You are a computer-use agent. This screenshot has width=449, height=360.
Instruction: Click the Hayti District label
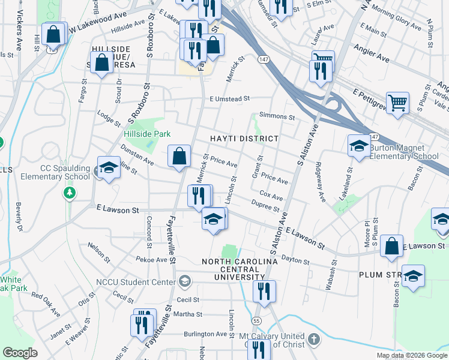[x=244, y=139]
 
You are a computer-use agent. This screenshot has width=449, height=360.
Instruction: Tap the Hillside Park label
[x=147, y=134]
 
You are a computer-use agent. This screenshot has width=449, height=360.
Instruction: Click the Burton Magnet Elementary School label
[x=403, y=152]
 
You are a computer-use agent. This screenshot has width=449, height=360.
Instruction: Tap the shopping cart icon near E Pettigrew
[x=397, y=103]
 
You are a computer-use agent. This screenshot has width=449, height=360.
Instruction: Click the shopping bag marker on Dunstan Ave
[x=179, y=157]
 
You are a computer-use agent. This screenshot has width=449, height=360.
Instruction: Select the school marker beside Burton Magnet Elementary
[x=359, y=146]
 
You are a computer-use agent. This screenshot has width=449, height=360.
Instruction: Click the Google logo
[x=20, y=353]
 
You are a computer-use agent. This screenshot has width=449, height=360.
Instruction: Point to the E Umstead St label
[x=229, y=99]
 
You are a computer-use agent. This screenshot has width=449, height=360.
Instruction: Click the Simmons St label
[x=277, y=117]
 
